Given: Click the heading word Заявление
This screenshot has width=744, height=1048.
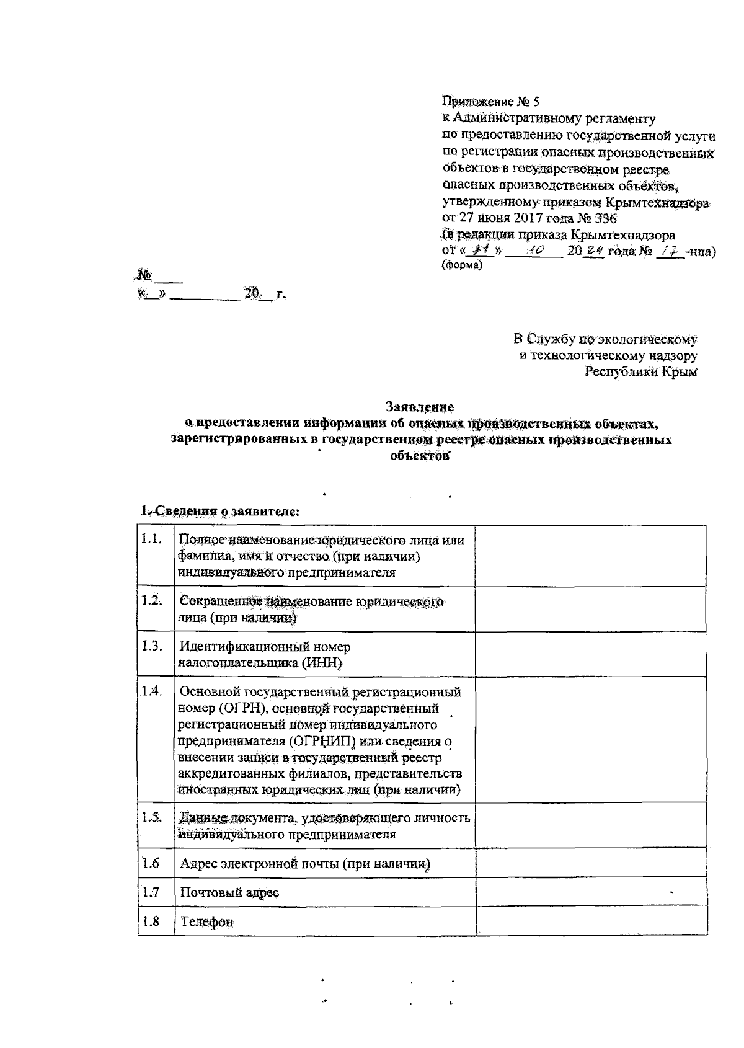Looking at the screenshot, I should point(420,407).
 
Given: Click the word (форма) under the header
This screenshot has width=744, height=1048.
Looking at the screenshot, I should point(461,265).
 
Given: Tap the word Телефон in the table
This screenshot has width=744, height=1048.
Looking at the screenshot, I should point(207,922).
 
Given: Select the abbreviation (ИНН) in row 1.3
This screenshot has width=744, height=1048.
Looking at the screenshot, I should point(322,664).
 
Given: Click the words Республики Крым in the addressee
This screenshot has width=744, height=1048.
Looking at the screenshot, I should point(642,373).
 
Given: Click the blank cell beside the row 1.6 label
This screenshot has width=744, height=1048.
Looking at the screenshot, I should point(591,863).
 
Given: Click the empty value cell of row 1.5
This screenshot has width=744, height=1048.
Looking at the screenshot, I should point(591,825).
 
